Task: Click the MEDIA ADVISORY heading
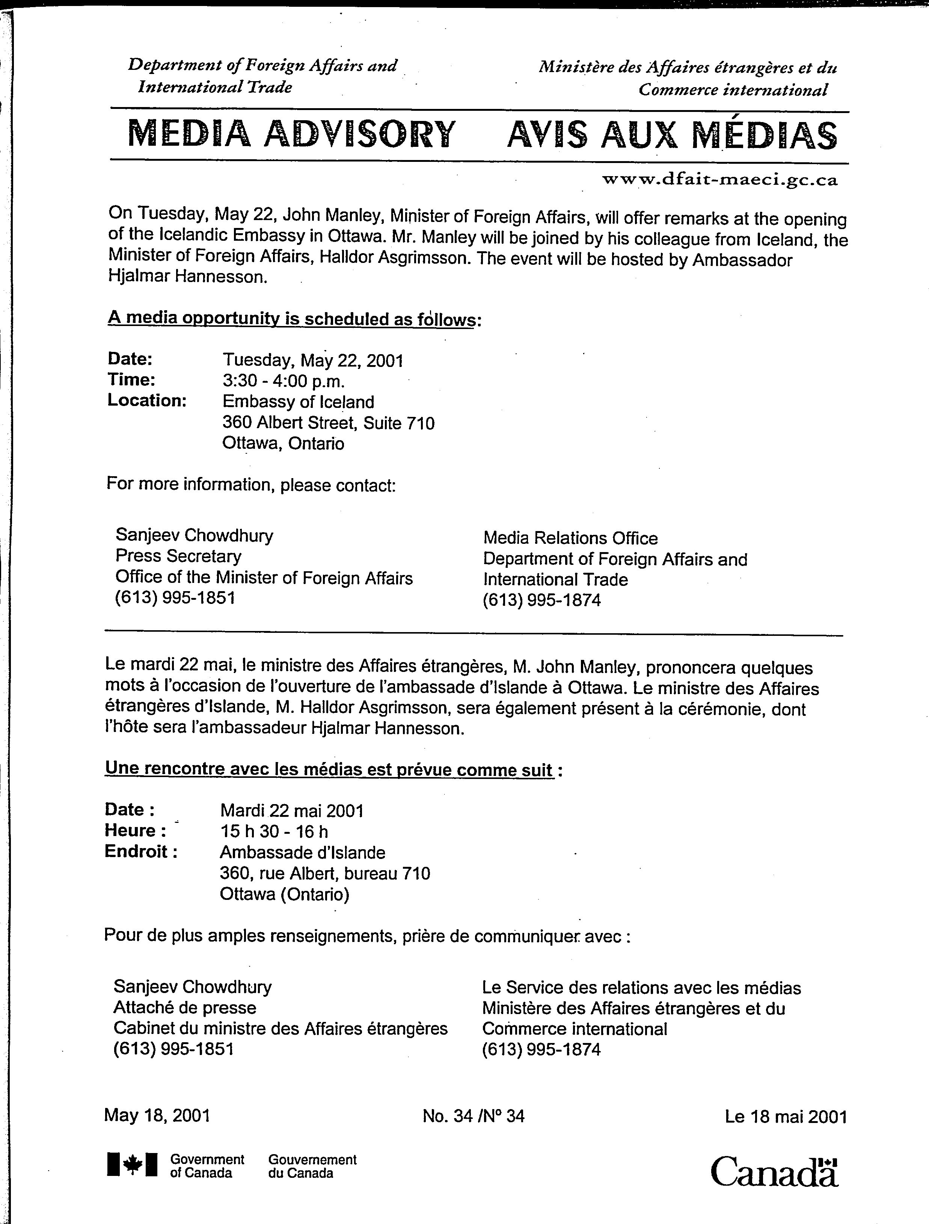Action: tap(292, 134)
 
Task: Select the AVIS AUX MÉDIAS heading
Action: tap(672, 136)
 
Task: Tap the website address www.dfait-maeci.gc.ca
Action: tap(719, 180)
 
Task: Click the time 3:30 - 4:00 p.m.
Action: tap(284, 381)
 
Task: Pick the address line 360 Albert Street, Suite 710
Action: tap(328, 423)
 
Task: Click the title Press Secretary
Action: tap(178, 556)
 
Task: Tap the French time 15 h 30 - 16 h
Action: tap(274, 831)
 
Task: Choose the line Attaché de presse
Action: tap(185, 1008)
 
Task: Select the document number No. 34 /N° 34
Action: tap(473, 1100)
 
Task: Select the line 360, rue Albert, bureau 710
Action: tap(325, 873)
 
